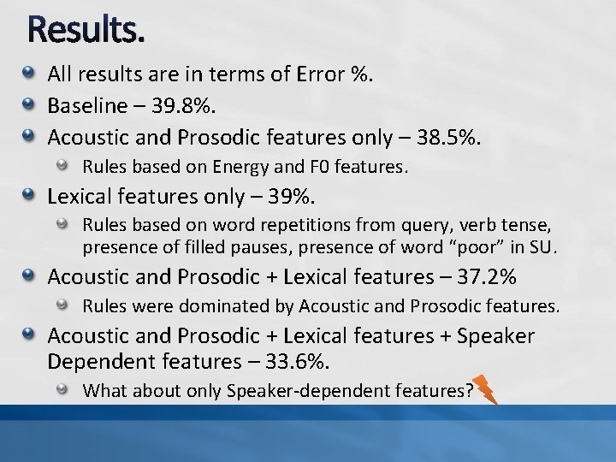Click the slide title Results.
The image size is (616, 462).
(86, 31)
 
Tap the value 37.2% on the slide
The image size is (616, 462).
(488, 276)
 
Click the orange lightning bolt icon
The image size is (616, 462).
(485, 389)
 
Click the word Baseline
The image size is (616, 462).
(87, 105)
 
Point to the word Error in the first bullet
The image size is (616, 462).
(317, 74)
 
